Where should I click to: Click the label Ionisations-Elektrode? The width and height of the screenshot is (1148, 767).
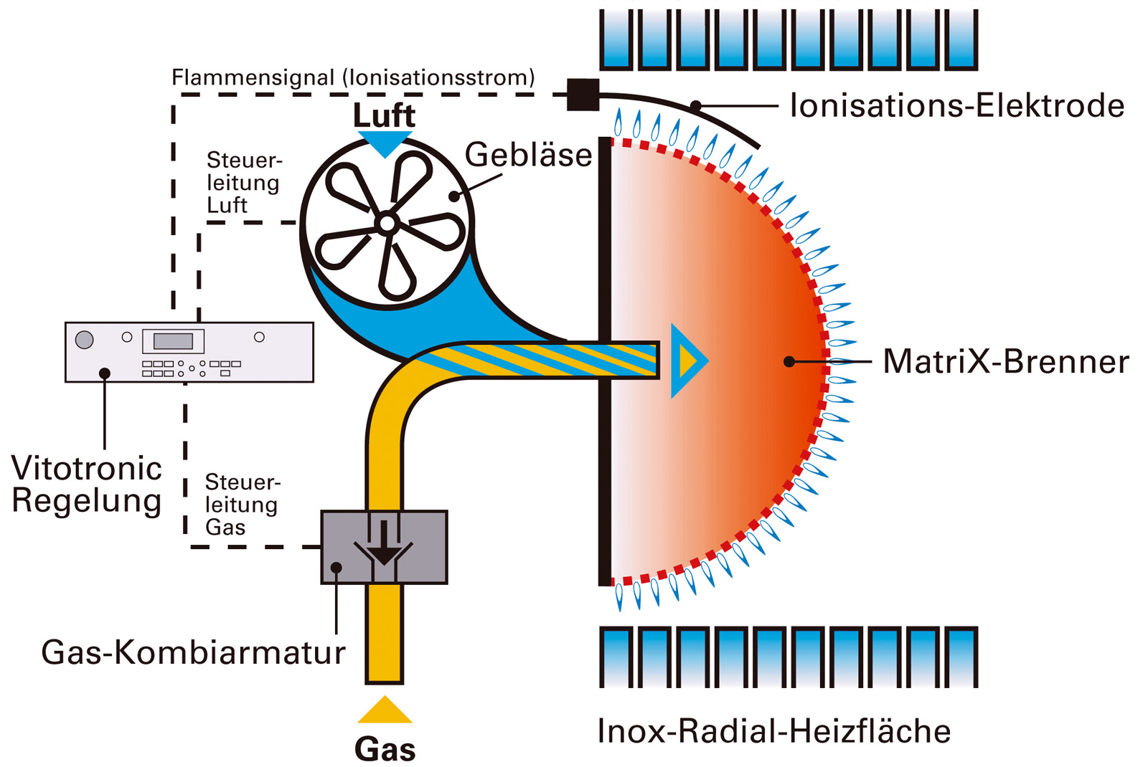pos(956,106)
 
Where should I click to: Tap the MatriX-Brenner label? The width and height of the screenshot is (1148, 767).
pos(1006,361)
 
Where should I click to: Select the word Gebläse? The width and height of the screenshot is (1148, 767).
pos(529,155)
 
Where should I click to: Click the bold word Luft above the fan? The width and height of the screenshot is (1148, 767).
pos(385,115)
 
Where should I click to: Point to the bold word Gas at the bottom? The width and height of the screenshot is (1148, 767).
pos(385,749)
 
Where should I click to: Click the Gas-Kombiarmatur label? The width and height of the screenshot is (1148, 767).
pos(193,652)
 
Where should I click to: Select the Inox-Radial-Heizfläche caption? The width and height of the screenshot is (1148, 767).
pos(774,732)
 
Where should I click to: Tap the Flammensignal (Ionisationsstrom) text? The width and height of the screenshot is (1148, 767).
pos(353,77)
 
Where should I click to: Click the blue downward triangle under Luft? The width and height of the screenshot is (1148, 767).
pos(385,143)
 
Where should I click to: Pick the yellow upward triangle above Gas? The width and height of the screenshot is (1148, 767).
pos(385,711)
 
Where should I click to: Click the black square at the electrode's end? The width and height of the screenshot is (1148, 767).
pos(583,95)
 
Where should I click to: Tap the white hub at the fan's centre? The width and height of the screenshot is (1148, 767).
pos(387,224)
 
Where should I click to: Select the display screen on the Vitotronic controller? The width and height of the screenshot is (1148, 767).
pos(173,340)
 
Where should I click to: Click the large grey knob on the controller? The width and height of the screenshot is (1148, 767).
pos(85,339)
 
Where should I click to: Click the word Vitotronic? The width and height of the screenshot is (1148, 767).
pos(87,469)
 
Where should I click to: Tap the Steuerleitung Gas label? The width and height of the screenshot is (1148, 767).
pos(241,505)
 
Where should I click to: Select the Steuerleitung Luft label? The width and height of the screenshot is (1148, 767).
pos(243,182)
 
